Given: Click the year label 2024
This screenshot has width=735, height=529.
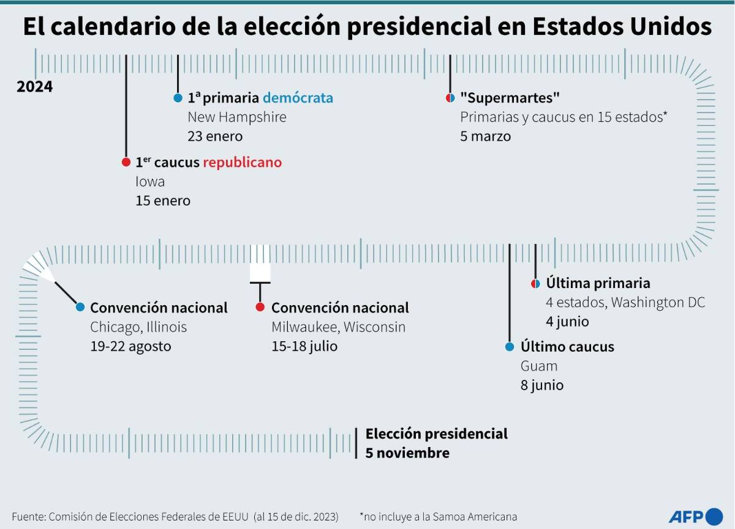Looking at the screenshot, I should (34, 87).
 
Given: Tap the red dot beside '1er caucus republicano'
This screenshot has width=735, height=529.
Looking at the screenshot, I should (126, 162).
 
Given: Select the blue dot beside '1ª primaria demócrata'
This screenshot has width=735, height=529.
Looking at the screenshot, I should (178, 98).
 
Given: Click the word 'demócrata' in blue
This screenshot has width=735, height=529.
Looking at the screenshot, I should (298, 98).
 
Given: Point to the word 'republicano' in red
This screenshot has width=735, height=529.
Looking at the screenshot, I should (242, 162).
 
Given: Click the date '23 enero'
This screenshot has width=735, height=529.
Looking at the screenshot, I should (215, 136).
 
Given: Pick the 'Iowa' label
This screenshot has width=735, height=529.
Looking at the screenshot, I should (150, 182).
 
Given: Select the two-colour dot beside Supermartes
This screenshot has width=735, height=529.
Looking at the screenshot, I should (450, 98).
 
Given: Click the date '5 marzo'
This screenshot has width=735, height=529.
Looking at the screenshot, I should (485, 136).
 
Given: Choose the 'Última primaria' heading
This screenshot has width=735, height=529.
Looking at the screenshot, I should (598, 283).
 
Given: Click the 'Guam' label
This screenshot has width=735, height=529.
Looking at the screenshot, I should (539, 366).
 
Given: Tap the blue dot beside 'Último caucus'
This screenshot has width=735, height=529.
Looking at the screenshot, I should (510, 347).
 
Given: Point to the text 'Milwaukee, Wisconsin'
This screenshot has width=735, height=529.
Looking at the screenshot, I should (338, 327).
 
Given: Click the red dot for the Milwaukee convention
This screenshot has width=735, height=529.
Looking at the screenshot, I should (260, 307).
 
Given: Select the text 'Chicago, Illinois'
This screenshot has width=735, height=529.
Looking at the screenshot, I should (138, 327).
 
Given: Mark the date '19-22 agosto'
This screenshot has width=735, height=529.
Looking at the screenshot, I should (130, 346).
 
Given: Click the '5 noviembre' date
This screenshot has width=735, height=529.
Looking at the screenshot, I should (407, 453).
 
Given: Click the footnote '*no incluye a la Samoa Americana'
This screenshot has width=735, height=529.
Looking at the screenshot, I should (438, 516).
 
